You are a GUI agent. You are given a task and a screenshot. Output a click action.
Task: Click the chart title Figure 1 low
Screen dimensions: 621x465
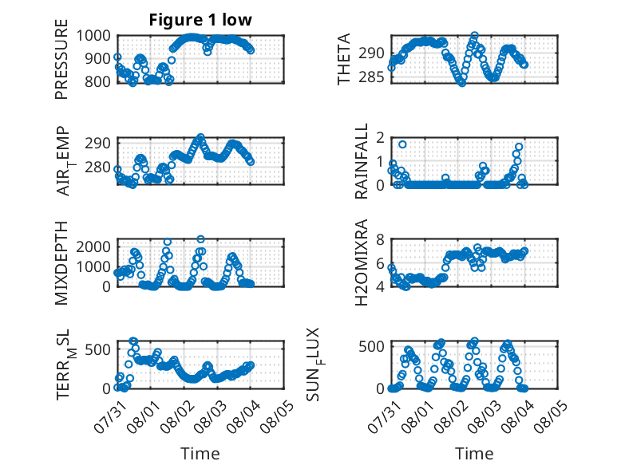(x=200, y=20)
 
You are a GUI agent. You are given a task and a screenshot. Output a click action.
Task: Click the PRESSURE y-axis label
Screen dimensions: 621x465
(x=61, y=59)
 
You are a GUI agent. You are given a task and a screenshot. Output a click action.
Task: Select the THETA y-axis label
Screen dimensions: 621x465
(x=344, y=59)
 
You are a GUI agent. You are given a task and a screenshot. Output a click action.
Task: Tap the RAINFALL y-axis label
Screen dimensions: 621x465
(x=362, y=161)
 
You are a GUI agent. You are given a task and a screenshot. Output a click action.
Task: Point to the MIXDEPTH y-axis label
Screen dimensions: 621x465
(x=61, y=263)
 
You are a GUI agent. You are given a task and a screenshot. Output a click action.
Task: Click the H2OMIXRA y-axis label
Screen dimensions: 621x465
(x=362, y=262)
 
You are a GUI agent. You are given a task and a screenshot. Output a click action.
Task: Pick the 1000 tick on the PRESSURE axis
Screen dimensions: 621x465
(x=93, y=36)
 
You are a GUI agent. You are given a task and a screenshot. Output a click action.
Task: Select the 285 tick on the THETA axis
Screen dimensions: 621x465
(x=371, y=77)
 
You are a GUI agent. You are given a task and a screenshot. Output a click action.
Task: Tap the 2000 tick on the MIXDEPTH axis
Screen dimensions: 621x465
(x=93, y=247)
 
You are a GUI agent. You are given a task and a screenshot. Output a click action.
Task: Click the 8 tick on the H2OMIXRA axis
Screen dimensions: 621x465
(x=380, y=239)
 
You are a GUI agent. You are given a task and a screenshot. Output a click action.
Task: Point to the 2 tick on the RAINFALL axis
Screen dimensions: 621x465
(x=380, y=138)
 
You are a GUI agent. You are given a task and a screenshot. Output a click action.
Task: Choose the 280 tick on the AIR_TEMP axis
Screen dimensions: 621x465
(x=97, y=167)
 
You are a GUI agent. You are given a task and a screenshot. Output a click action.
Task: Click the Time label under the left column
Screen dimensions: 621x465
(x=200, y=453)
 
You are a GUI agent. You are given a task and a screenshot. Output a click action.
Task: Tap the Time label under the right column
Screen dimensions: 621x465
(x=474, y=453)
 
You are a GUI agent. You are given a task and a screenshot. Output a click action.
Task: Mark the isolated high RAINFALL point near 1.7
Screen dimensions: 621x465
(x=402, y=144)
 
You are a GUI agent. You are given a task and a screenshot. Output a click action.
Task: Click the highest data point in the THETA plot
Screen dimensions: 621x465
(x=474, y=36)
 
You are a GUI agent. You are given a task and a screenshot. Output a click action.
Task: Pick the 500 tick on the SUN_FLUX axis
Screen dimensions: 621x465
(x=371, y=347)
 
